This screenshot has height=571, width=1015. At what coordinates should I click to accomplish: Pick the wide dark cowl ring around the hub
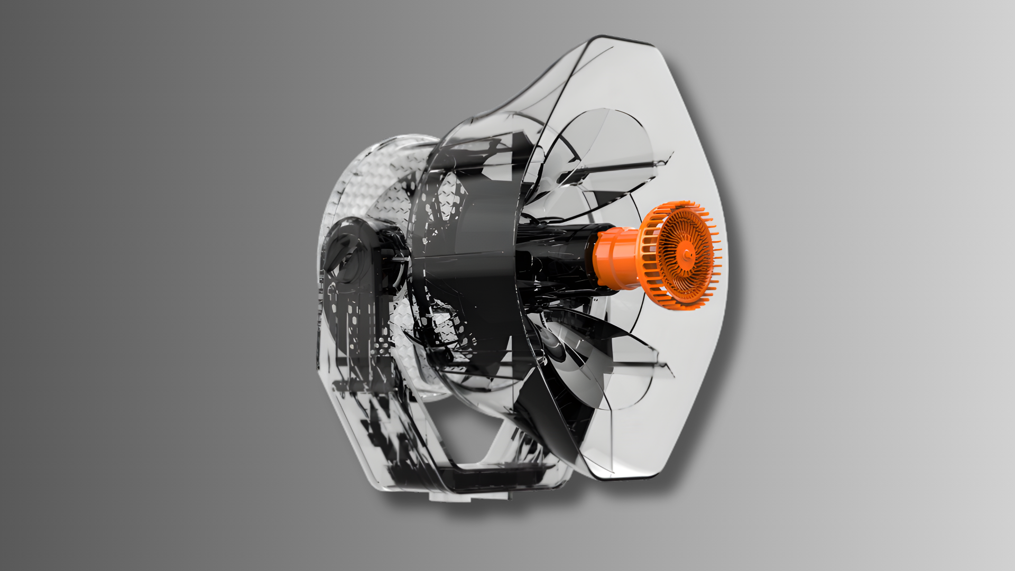(x=476, y=264)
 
